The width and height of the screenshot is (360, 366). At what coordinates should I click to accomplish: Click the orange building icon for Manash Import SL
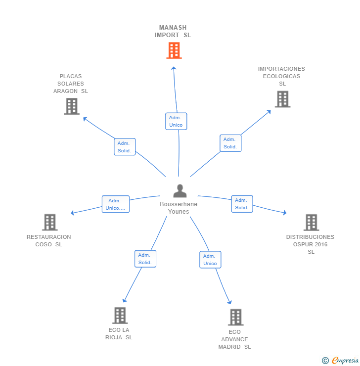coord(174,50)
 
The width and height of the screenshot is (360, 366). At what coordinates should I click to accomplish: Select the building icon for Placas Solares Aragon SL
coord(72,106)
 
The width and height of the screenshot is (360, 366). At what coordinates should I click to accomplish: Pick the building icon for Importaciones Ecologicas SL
coord(282,99)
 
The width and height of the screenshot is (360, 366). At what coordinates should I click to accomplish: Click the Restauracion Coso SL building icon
coord(49,222)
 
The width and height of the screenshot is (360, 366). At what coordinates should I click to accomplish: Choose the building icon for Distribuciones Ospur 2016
coord(311,223)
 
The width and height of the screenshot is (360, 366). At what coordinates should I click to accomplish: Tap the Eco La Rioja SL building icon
coord(120,315)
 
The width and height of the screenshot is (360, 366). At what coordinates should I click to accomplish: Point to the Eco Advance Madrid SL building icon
coord(235,317)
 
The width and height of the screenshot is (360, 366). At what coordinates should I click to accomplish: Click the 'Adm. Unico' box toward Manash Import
coord(176,121)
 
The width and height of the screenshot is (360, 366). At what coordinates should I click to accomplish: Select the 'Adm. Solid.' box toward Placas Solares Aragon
coord(124,147)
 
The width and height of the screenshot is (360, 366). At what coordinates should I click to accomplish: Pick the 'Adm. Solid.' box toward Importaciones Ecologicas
coord(230,143)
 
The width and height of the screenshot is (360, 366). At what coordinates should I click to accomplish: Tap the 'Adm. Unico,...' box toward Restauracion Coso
coord(116,204)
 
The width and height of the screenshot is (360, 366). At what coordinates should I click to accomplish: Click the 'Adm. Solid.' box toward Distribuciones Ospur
coord(242,204)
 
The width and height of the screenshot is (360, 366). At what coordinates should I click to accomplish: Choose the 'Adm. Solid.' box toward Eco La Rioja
coord(145,259)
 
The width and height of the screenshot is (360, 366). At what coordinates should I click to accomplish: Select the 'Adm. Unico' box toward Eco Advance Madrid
coord(210,260)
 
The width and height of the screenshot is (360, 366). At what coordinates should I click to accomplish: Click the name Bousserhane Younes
coord(179,208)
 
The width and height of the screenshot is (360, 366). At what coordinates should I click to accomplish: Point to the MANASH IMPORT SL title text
coord(173,31)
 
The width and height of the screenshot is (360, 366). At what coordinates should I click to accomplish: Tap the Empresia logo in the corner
coord(340,361)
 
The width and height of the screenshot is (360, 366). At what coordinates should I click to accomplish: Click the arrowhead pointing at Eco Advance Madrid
coord(229,303)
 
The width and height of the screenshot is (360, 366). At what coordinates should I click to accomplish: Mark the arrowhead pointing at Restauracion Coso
coord(72,213)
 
